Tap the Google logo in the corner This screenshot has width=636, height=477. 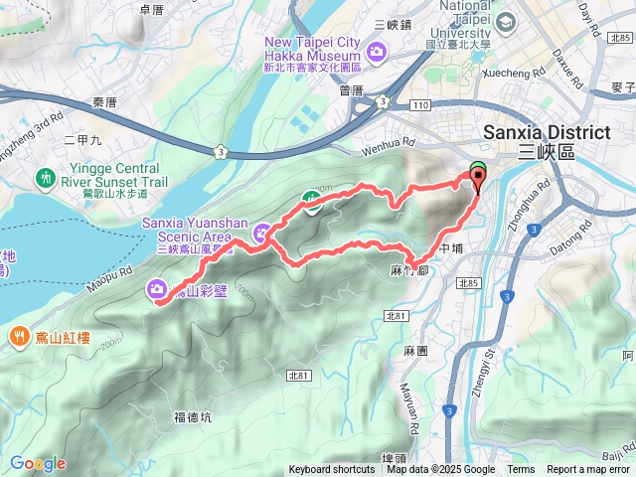38,463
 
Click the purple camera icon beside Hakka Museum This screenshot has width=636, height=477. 378,52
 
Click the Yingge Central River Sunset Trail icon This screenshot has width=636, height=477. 46,179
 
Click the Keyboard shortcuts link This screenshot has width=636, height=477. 332,470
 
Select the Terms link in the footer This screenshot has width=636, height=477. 521,470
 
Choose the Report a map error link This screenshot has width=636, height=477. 589,470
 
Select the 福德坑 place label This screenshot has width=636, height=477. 192,417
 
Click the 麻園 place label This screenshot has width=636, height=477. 415,352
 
